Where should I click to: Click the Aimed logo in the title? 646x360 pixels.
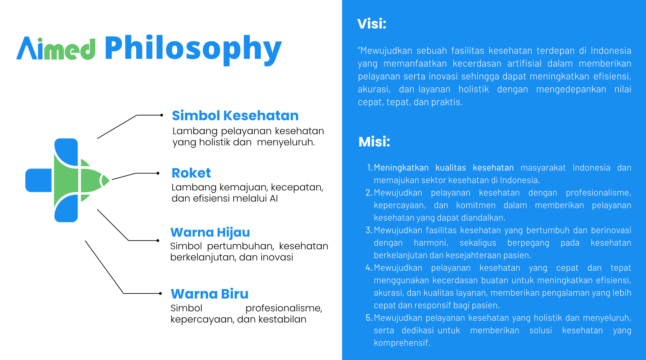point(56,48)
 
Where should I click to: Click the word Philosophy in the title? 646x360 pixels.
point(193,49)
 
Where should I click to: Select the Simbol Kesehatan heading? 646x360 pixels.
point(235,116)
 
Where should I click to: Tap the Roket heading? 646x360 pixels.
point(191,173)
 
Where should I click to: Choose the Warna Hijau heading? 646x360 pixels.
point(210,233)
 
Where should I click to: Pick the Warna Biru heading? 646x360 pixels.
point(210,294)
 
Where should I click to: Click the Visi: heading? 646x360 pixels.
point(372,24)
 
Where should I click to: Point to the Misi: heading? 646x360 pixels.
point(374,142)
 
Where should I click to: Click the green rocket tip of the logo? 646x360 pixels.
point(105,180)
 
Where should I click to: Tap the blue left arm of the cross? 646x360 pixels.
point(38,180)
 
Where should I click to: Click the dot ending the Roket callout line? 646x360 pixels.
point(158,173)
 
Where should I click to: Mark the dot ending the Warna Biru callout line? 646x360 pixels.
point(160,293)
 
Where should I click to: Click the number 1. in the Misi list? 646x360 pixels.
point(370,168)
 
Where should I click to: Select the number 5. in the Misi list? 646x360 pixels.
point(369,318)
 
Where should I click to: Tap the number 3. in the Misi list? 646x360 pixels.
point(369,230)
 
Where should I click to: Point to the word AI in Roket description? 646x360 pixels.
point(274,198)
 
